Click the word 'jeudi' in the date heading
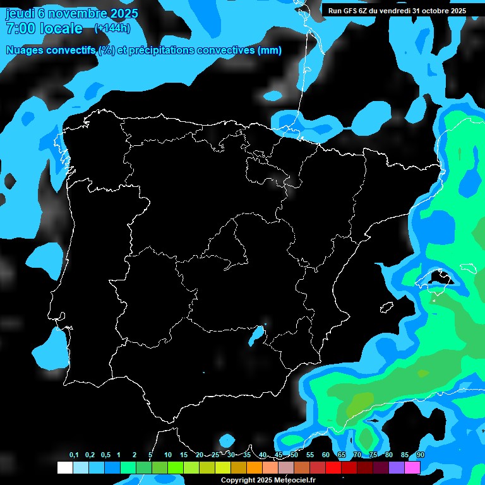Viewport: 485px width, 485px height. (x=21, y=13)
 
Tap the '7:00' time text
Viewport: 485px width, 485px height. (x=20, y=28)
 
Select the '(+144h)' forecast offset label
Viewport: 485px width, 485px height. (x=112, y=28)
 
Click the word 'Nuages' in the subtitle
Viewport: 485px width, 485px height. (x=25, y=51)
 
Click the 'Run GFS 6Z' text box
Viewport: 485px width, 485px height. (x=397, y=10)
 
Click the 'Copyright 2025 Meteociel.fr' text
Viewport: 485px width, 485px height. (x=268, y=480)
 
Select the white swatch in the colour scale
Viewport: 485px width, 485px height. (x=64, y=468)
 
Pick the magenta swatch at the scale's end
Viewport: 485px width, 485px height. (x=412, y=468)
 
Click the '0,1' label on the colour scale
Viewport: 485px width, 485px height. (x=74, y=455)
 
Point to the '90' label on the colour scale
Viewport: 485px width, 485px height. (x=421, y=455)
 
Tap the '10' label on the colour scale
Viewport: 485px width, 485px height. (x=168, y=455)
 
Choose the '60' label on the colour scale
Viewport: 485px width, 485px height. (x=326, y=455)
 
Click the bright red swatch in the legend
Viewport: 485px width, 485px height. (x=333, y=468)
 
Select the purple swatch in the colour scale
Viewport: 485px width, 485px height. (x=397, y=468)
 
